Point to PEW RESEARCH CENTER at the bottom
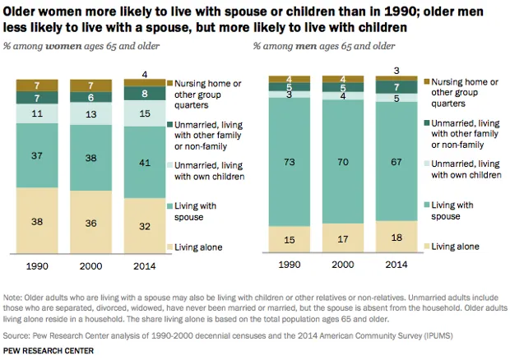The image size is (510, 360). pyautogui.click(x=47, y=351)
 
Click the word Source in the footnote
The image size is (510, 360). pyautogui.click(x=16, y=335)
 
